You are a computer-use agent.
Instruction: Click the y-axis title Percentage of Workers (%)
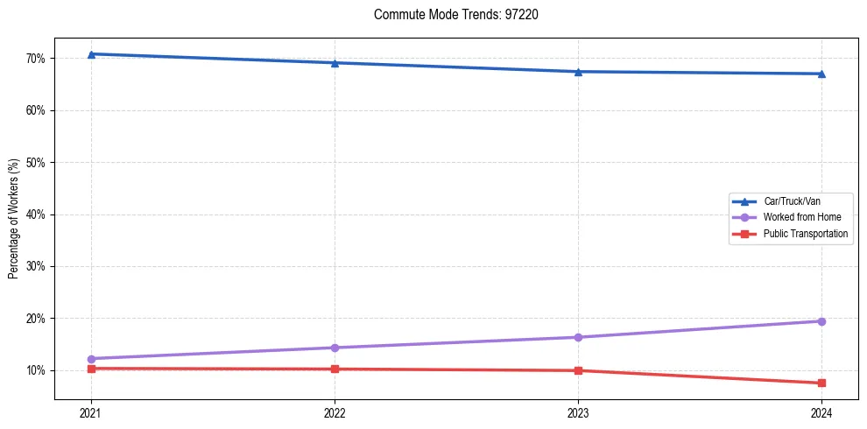pos(14,219)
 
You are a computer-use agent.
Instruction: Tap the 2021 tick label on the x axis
pos(91,411)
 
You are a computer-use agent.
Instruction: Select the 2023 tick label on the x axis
pos(578,411)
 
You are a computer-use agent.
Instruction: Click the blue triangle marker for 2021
pos(91,54)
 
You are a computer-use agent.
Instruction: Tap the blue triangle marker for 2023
pos(578,72)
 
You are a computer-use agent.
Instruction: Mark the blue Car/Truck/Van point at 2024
pos(821,74)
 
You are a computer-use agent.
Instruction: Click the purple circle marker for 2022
pos(335,348)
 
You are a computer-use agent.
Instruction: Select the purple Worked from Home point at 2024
pos(821,321)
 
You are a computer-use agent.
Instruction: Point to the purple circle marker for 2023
pos(578,337)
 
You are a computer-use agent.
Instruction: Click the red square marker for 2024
pos(821,383)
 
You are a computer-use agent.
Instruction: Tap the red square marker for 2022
pos(335,369)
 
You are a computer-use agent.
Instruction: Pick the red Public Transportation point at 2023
pos(578,370)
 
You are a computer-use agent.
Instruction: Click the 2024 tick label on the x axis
pos(821,411)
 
